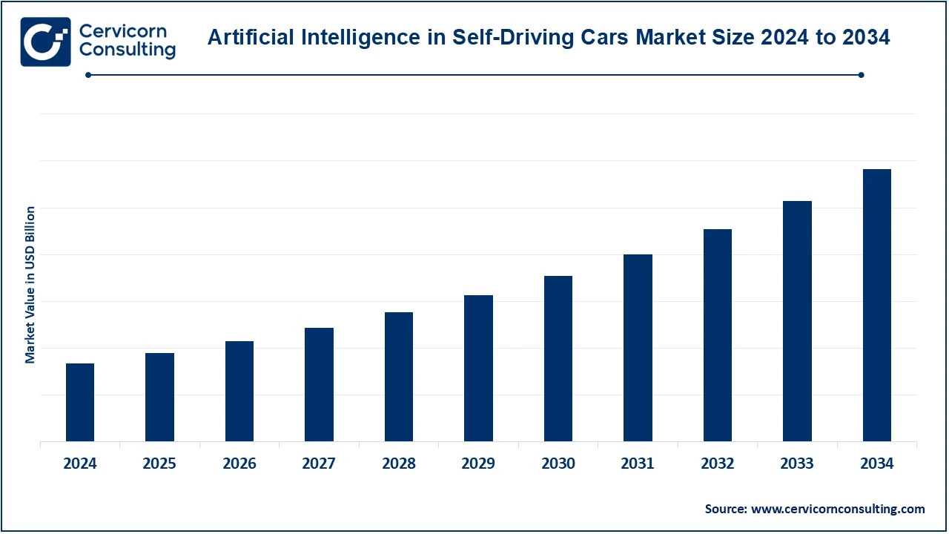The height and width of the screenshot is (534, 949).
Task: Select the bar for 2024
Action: (80, 403)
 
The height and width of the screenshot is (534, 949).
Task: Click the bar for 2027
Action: (319, 385)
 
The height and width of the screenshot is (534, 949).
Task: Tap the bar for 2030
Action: (558, 359)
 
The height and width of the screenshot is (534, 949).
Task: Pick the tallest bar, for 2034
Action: (876, 306)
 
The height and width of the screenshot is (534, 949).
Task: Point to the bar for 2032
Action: (717, 335)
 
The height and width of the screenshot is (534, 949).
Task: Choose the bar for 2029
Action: (478, 369)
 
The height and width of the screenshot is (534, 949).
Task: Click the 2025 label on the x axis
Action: (159, 464)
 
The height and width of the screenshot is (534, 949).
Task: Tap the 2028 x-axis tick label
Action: (399, 464)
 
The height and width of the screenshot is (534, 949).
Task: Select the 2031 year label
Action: (638, 464)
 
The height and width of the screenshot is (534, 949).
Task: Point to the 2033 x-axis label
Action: (797, 464)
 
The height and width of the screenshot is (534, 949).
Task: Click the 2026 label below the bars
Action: (239, 464)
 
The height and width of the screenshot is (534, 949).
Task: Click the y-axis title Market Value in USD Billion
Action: (30, 285)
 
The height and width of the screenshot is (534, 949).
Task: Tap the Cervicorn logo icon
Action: (45, 42)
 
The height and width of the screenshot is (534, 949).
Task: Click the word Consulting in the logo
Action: (127, 50)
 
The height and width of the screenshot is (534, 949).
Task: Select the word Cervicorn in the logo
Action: (122, 31)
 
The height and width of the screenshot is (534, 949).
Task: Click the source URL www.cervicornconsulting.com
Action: (838, 509)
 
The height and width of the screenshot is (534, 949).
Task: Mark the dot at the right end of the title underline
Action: (861, 75)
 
